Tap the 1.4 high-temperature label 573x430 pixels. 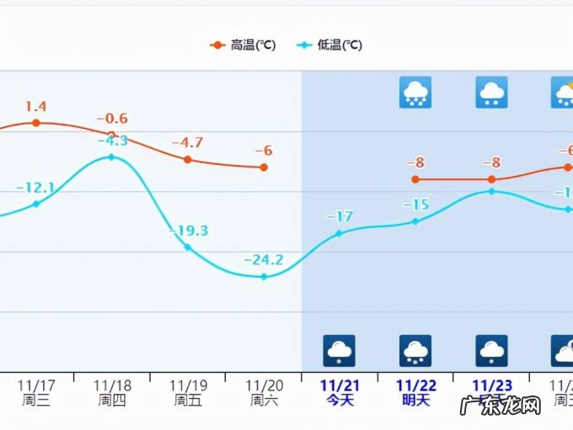(35, 106)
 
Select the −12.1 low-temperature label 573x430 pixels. (35, 187)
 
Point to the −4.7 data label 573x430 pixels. (187, 142)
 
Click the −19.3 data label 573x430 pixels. (189, 231)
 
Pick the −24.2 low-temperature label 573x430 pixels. (264, 259)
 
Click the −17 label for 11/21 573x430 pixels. (340, 216)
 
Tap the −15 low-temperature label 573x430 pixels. (415, 204)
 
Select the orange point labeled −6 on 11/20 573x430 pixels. (264, 167)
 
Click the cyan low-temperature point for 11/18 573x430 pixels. (111, 157)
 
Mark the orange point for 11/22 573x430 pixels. (415, 179)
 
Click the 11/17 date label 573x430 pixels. (35, 385)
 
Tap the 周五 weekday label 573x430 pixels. (187, 401)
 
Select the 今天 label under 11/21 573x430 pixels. (340, 401)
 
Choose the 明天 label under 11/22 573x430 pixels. (415, 401)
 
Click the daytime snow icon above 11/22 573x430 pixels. (415, 92)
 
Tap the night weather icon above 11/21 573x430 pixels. (340, 350)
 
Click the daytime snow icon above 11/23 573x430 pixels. (491, 92)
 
